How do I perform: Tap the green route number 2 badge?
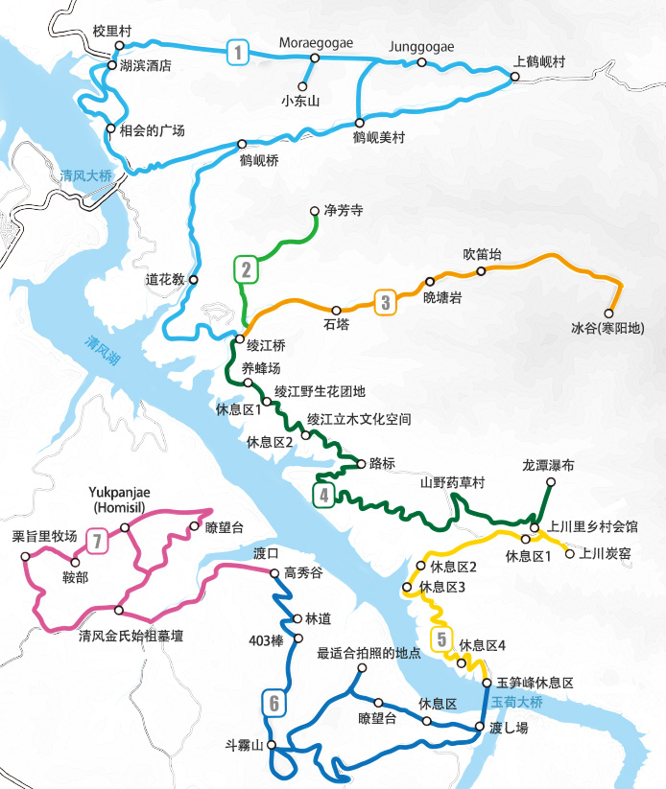[247, 269]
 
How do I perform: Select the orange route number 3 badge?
[385, 303]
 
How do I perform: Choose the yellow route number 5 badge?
[441, 638]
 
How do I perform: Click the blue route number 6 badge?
[274, 704]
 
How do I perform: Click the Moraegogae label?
[316, 42]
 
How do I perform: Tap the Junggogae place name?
[421, 46]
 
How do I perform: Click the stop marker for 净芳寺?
[315, 211]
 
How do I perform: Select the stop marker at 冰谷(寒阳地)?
[608, 313]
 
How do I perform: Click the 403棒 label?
[265, 640]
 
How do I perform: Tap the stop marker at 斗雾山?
[272, 745]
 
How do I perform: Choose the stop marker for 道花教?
[194, 280]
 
